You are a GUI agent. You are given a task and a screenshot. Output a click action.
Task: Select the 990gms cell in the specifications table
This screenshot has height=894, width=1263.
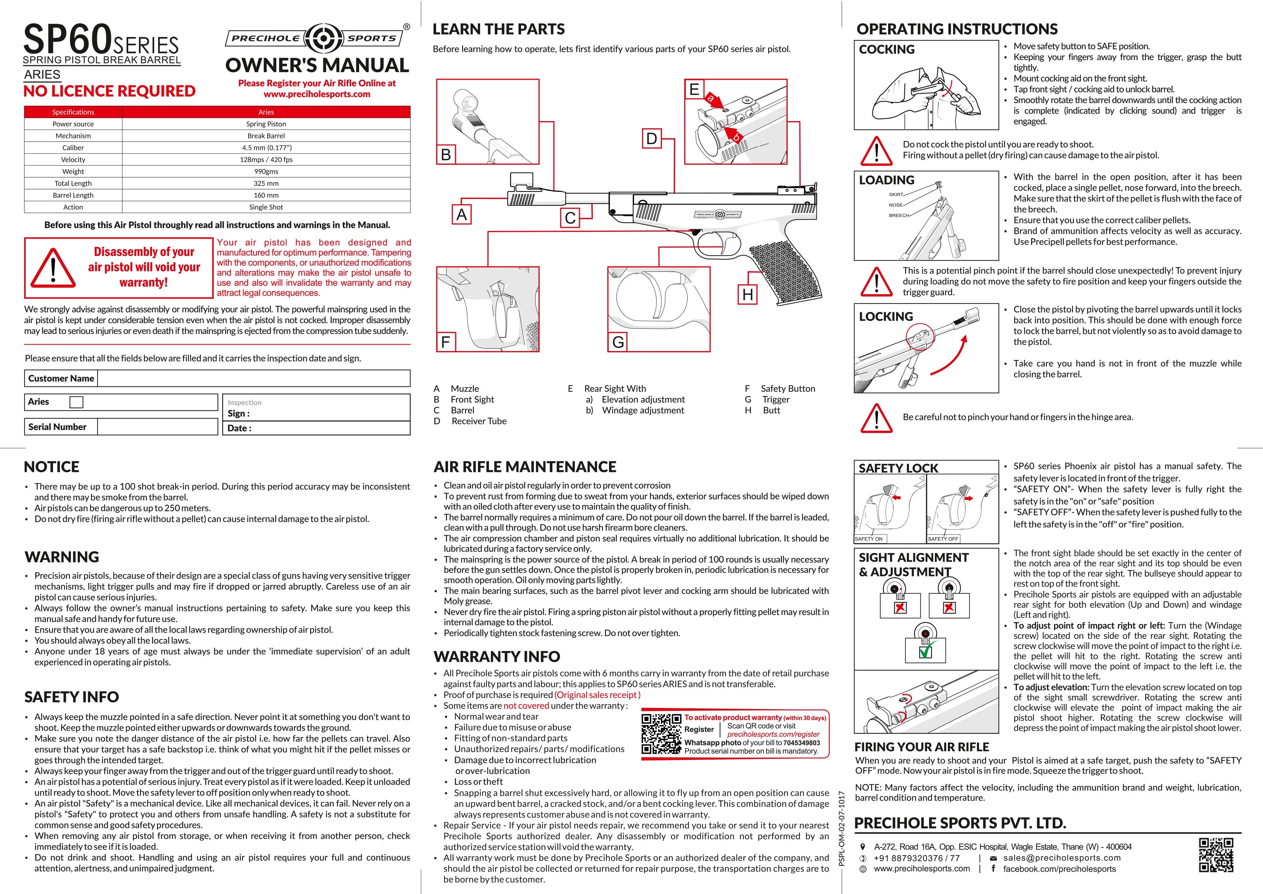point(266,172)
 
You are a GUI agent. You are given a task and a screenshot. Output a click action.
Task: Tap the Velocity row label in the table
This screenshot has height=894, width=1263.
point(73,160)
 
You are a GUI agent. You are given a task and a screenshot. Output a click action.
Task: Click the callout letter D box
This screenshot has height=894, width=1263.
point(651,139)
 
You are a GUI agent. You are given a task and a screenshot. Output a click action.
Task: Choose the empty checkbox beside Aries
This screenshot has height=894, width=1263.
point(76,402)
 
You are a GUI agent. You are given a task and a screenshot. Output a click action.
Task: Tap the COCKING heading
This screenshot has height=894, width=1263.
point(886,49)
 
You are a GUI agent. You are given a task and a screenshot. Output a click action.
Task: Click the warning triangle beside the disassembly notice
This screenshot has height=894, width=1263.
point(53,268)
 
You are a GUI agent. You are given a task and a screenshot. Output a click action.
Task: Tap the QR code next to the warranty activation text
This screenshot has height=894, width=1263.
point(661,734)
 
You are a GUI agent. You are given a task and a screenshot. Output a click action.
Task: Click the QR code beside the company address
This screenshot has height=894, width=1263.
point(1216,855)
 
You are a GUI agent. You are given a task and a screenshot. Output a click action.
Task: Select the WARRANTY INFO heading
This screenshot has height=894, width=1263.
point(496,657)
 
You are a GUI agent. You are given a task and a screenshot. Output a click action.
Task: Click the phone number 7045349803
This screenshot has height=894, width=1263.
point(801,743)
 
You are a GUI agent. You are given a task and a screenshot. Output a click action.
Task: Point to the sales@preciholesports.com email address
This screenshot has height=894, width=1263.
point(1062,858)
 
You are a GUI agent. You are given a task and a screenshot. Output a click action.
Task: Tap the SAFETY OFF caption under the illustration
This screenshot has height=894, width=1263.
point(943,539)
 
